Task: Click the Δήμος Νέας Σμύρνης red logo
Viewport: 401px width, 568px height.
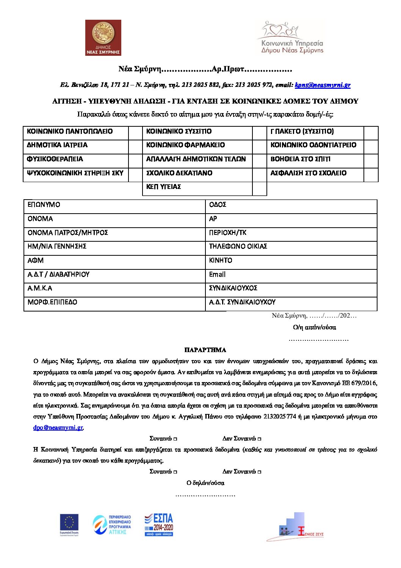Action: [x=103, y=38]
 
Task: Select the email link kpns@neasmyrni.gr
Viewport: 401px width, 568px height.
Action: [x=323, y=85]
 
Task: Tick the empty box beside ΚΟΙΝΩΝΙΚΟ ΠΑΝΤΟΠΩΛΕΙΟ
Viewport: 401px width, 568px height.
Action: [x=135, y=132]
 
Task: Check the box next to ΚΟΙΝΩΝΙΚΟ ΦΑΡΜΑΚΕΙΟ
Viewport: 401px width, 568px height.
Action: [x=259, y=145]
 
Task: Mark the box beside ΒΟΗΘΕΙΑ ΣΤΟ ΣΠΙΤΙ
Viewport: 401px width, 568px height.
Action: [x=371, y=159]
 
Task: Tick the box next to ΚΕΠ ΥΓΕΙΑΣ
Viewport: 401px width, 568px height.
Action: [x=259, y=187]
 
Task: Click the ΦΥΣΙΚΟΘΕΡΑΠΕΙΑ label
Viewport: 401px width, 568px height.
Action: [x=55, y=159]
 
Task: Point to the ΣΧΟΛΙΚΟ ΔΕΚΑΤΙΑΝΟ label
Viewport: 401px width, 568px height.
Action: [x=179, y=173]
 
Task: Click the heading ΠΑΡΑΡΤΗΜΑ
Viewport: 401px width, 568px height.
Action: [x=205, y=350]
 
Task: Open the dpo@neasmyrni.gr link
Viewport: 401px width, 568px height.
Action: [x=58, y=428]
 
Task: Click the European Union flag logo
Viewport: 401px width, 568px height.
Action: [x=69, y=524]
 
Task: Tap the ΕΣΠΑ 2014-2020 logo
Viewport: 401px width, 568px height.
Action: [x=159, y=524]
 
